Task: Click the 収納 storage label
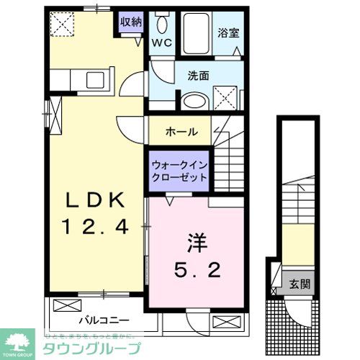pyautogui.click(x=130, y=22)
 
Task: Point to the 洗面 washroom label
pyautogui.click(x=199, y=74)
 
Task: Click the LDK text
pyautogui.click(x=96, y=199)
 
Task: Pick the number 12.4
pyautogui.click(x=96, y=228)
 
